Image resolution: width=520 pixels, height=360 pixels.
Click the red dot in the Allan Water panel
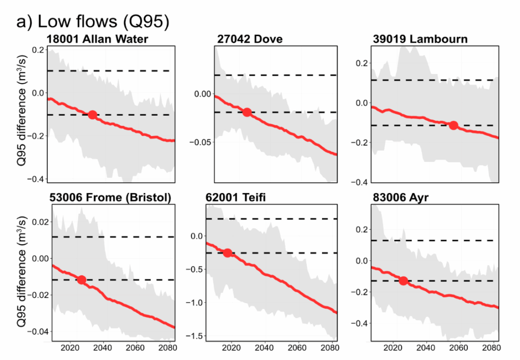pos(92,115)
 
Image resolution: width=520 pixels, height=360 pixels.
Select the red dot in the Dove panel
pos(247,112)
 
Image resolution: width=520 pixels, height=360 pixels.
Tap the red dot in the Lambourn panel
pos(453,125)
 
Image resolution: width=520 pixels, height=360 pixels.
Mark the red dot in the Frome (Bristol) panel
pos(81,280)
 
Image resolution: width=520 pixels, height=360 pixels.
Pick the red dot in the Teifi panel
pos(227,253)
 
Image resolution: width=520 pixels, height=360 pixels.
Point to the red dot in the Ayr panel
pos(404,280)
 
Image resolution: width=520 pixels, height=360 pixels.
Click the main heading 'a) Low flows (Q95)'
pos(92,22)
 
